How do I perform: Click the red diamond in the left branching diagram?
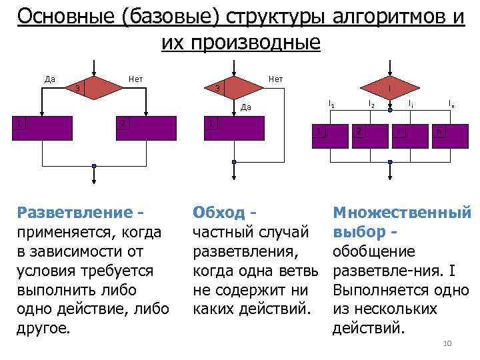[x=94, y=87]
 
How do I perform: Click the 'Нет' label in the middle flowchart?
[x=275, y=79]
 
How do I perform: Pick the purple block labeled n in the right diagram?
[x=439, y=133]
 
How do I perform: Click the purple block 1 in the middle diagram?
[x=234, y=129]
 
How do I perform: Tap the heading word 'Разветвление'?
[x=75, y=213]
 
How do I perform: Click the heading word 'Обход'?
[x=218, y=213]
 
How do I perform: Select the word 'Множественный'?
[x=402, y=213]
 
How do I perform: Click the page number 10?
[x=447, y=343]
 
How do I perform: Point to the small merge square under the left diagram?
[x=94, y=165]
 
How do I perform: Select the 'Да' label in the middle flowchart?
[x=245, y=107]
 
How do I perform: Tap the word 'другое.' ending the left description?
[x=44, y=329]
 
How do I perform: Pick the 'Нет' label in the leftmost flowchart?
[x=137, y=79]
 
